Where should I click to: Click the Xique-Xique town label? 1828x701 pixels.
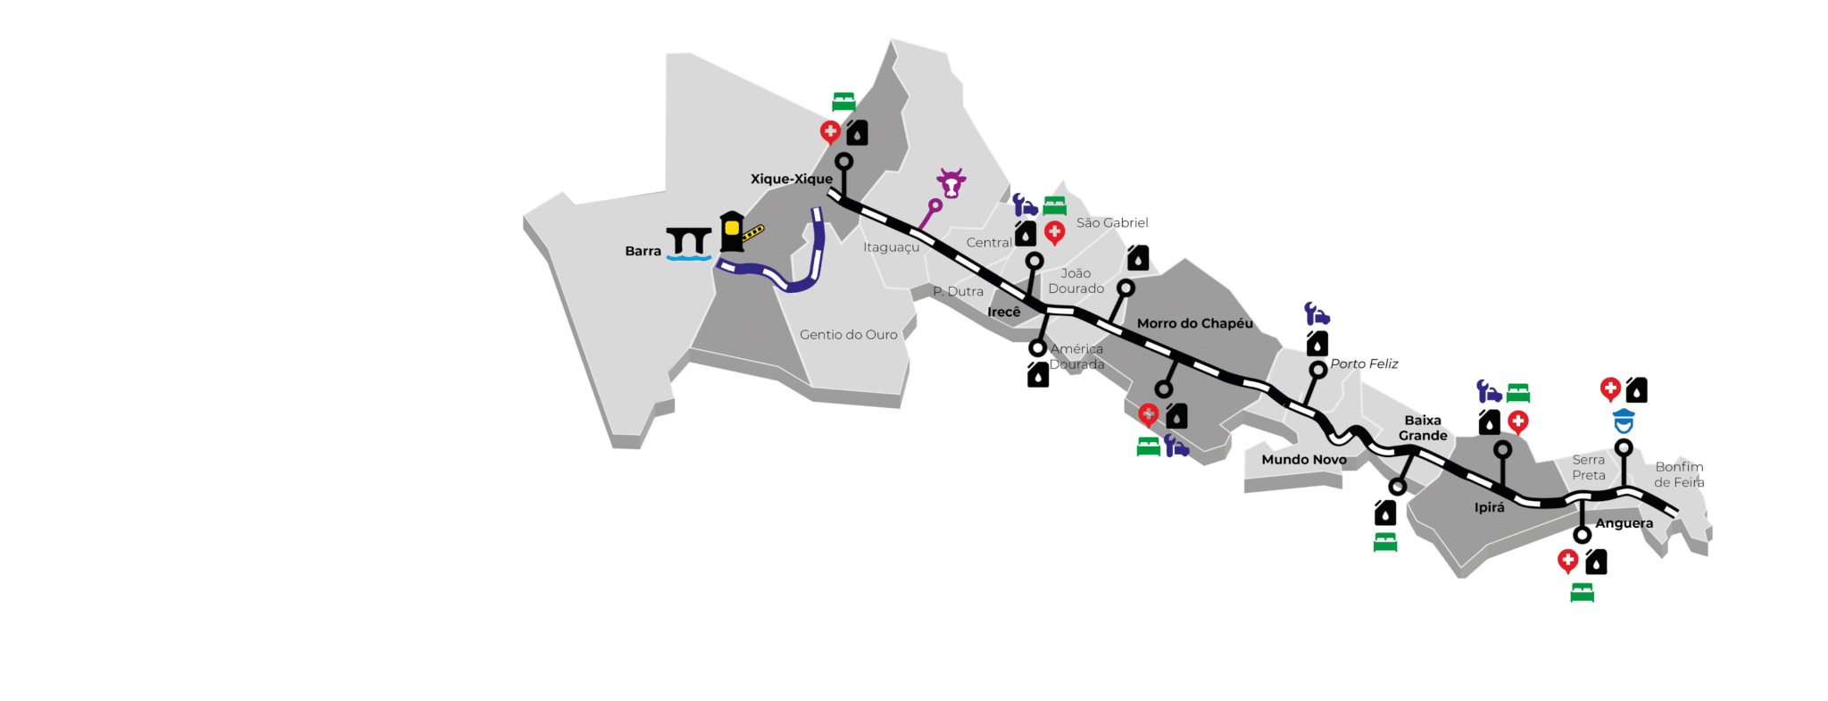coord(791,179)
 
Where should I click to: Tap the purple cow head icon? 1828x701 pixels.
coord(951,183)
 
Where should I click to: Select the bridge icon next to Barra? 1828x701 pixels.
coord(688,243)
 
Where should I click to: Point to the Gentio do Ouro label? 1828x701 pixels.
coord(848,335)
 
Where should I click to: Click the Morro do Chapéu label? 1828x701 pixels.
coord(1194,323)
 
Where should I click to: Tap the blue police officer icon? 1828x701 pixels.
coord(1624,420)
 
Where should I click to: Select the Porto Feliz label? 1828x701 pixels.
coord(1364,363)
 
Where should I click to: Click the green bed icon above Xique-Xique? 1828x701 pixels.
coord(843,101)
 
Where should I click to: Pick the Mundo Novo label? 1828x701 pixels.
coord(1303,460)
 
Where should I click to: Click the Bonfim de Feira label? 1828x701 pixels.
coord(1679,474)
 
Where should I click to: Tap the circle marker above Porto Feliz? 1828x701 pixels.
coord(1317,370)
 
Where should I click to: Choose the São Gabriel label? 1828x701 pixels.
coord(1112,223)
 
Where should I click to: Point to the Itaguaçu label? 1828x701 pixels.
coord(891,247)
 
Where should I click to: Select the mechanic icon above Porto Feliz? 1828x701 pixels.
coord(1317,313)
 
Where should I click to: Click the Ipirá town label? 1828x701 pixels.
coord(1489,507)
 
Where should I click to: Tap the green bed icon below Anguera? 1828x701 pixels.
coord(1582,592)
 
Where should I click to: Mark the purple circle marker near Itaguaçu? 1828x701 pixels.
coord(935,205)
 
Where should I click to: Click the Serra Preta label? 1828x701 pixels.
coord(1588,467)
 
